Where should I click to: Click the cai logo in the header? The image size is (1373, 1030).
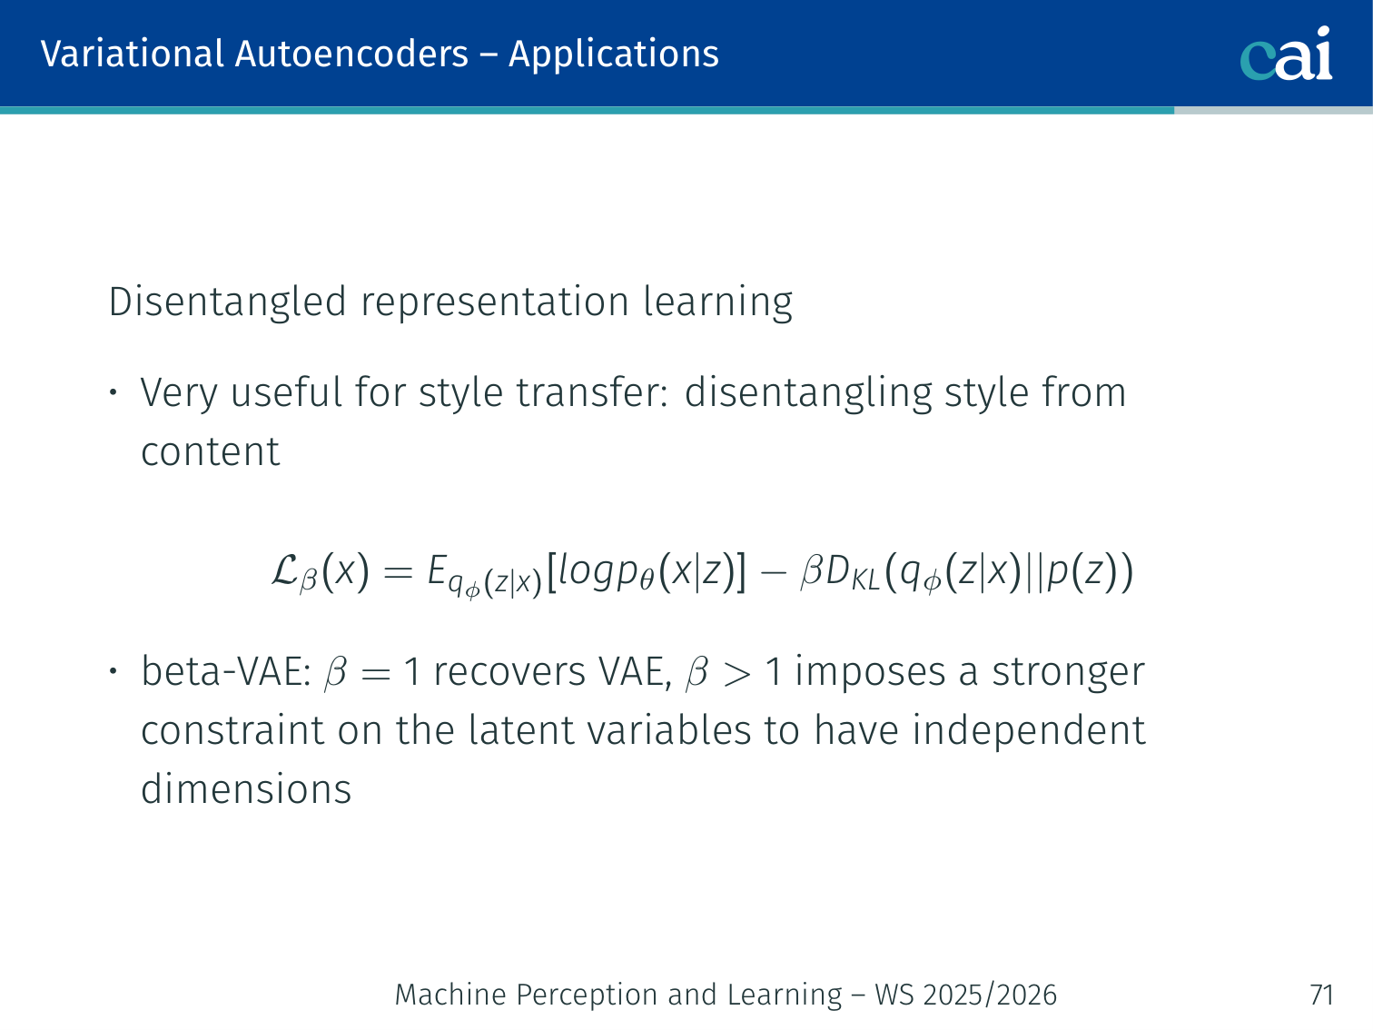pos(1286,54)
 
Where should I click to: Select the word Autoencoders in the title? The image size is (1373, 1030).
pos(351,54)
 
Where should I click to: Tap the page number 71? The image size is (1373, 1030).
pos(1321,995)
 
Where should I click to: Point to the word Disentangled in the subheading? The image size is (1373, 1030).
pos(227,302)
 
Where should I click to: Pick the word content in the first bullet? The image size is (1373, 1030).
pos(210,451)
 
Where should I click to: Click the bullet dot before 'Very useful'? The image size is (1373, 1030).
pos(113,392)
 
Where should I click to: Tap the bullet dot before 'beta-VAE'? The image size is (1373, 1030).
pos(113,671)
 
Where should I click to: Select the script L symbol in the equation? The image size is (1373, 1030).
pos(285,571)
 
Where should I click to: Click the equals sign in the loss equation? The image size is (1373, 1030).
pos(398,572)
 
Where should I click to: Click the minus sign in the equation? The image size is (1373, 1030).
pos(773,572)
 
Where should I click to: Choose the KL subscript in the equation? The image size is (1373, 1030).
pos(865,581)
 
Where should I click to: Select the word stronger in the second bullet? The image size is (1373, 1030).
pos(1069,673)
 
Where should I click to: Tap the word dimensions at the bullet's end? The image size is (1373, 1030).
pos(246,788)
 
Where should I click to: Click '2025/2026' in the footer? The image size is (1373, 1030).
pos(990,995)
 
